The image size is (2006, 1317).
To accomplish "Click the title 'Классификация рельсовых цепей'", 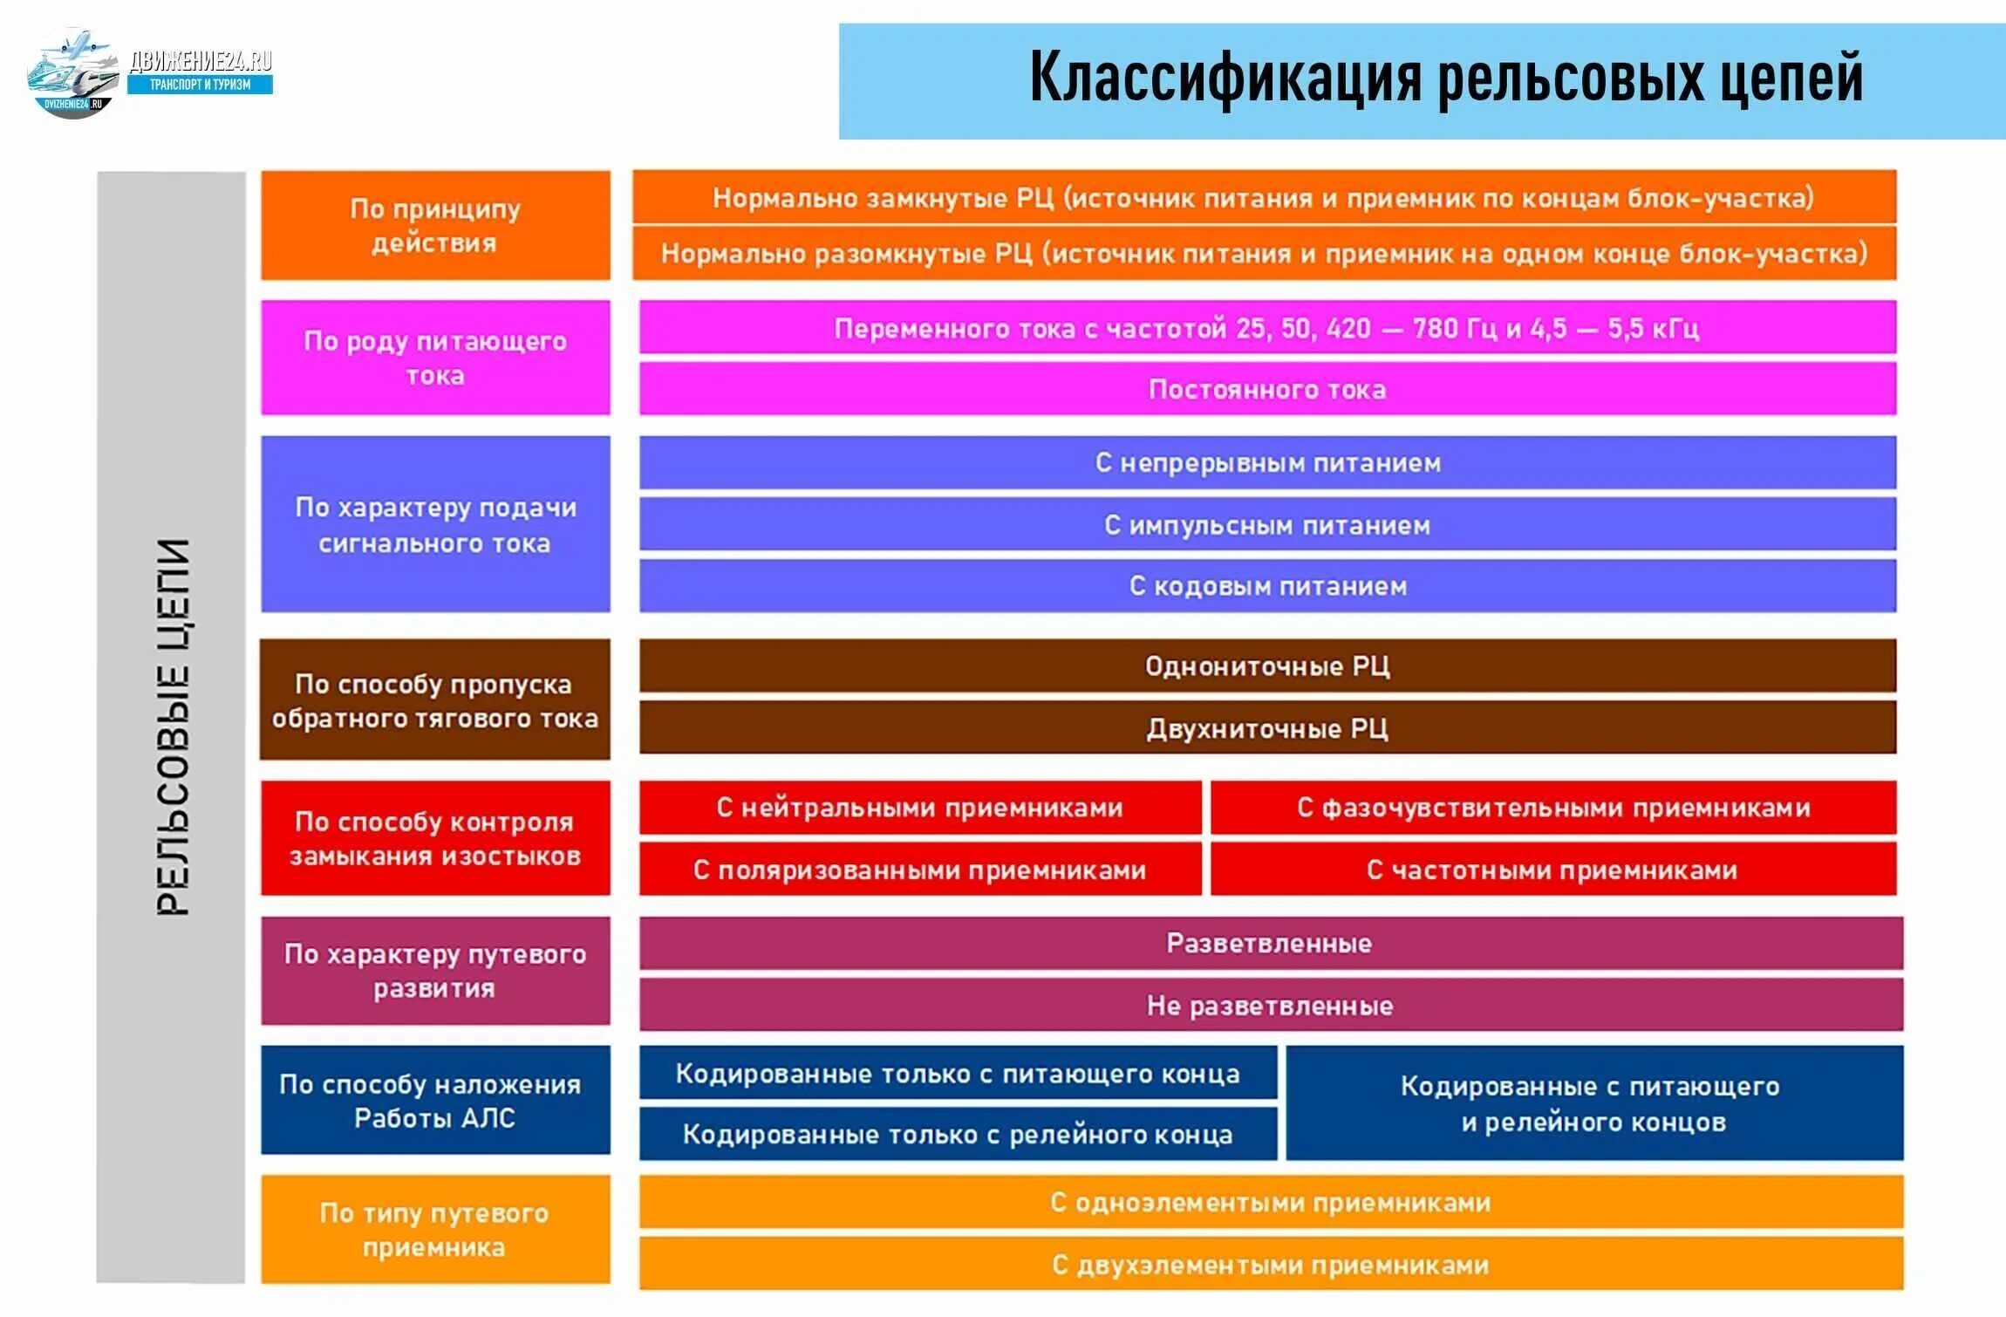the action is [1445, 78].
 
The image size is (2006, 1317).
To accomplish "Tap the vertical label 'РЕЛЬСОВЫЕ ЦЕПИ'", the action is [172, 727].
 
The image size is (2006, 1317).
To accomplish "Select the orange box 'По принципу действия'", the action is [435, 225].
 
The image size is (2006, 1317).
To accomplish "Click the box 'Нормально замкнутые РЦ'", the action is [1264, 197].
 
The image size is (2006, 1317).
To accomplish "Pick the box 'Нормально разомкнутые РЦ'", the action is [1264, 254].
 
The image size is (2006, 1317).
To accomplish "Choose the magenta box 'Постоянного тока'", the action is [1267, 389].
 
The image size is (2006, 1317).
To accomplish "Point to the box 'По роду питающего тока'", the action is [435, 358].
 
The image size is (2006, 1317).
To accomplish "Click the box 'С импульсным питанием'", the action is [1267, 525].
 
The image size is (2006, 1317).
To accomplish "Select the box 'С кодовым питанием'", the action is [1267, 586].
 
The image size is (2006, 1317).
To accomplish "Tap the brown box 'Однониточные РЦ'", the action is [1267, 666].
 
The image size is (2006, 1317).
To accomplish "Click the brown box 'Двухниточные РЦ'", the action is [1267, 728].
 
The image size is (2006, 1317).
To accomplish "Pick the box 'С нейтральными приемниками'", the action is [919, 808].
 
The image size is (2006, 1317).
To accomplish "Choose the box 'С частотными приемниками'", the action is [1552, 870].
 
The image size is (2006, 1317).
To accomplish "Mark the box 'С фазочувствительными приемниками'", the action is [1552, 808].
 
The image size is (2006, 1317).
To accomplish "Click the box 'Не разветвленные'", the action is [1270, 1006].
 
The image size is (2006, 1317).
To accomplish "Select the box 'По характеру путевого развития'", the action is [435, 971].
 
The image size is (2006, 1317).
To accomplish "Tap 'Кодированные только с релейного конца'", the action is [958, 1134].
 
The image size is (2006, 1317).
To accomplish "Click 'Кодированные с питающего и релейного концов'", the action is [1593, 1103].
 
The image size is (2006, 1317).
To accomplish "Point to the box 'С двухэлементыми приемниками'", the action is [1270, 1265].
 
